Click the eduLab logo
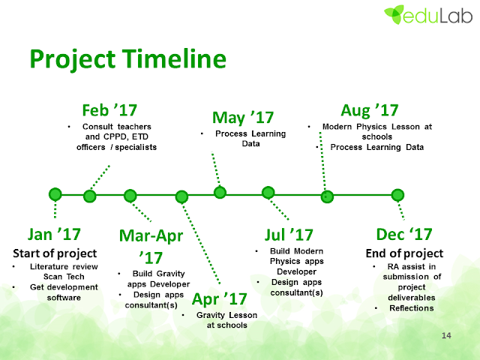(x=428, y=14)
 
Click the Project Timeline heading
(x=128, y=58)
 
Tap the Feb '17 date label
(x=109, y=110)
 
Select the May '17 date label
(x=243, y=118)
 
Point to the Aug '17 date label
(x=370, y=110)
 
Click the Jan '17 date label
(x=54, y=235)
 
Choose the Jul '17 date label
(x=289, y=235)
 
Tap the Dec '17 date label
(x=404, y=235)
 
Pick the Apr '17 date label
(x=219, y=299)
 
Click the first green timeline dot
(x=55, y=194)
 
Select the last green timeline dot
(x=397, y=195)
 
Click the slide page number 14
(x=446, y=335)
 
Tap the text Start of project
(x=55, y=253)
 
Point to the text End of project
(x=404, y=253)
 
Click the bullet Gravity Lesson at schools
(x=226, y=320)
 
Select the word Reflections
(x=412, y=308)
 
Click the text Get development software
(x=64, y=292)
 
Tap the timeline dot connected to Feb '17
(x=90, y=196)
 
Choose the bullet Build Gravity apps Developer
(x=158, y=279)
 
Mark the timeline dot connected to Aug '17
(x=327, y=196)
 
